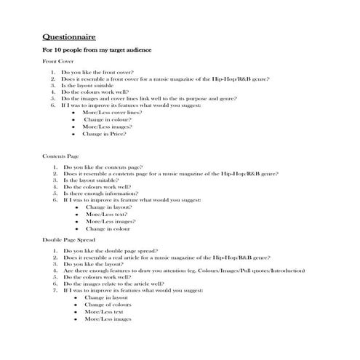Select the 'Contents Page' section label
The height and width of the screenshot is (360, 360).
pos(61,156)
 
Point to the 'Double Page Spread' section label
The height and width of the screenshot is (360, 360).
pos(68,239)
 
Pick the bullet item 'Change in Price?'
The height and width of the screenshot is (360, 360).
pos(105,134)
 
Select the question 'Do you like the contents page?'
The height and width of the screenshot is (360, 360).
pos(103,168)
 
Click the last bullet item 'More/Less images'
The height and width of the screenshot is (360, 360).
pos(107,319)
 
